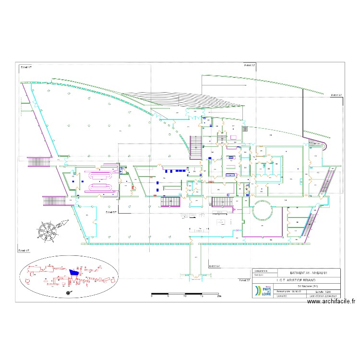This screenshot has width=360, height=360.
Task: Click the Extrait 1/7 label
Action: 26,67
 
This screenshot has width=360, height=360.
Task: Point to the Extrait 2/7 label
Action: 250,65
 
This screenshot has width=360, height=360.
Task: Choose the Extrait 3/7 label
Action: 336,95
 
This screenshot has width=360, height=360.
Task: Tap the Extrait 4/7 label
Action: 24,250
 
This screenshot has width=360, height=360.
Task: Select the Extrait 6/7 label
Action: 215,265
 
